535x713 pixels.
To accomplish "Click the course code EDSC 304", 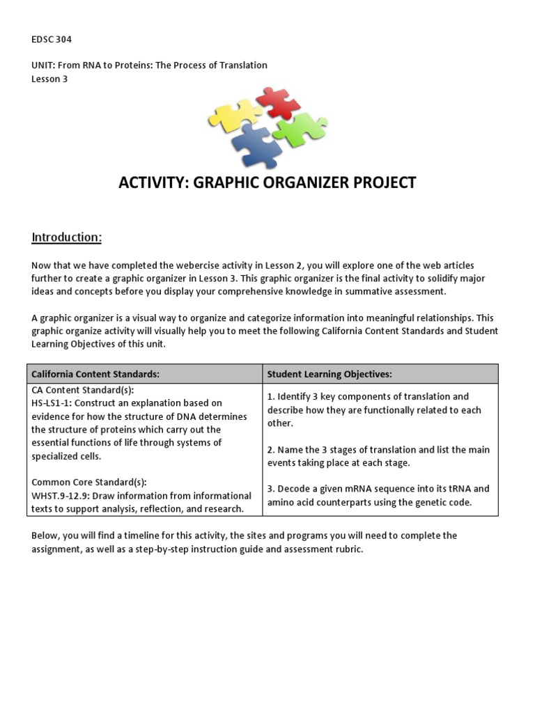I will point(52,39).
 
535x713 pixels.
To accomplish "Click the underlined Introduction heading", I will point(67,237).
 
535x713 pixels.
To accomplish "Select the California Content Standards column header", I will point(95,374).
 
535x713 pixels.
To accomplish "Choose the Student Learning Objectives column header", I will point(329,374).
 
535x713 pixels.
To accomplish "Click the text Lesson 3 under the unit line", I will point(49,79).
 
